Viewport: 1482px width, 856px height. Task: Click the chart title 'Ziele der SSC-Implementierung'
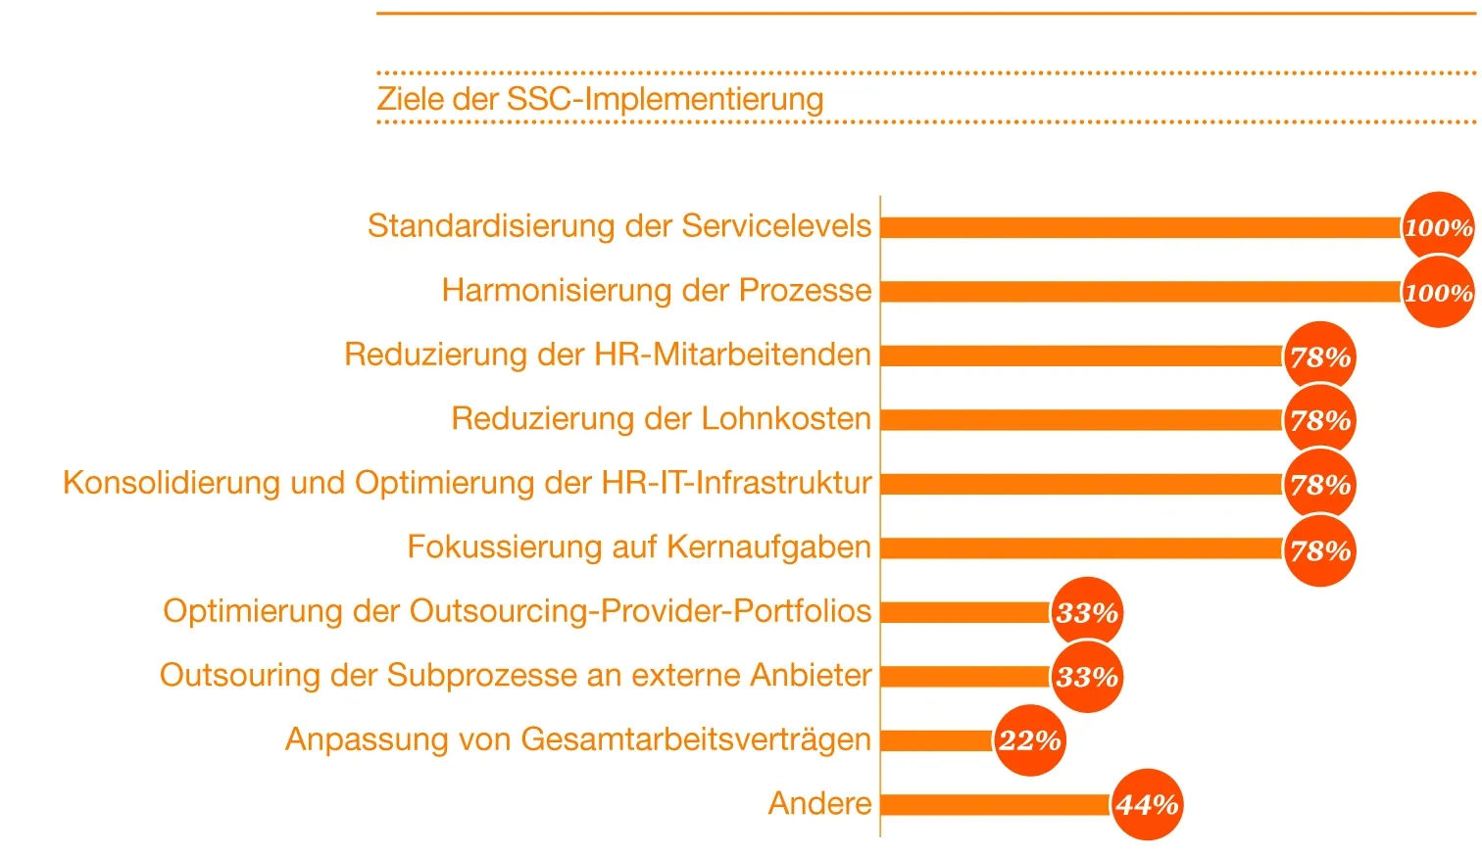click(x=600, y=99)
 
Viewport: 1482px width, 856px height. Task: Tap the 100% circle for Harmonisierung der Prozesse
click(x=1438, y=292)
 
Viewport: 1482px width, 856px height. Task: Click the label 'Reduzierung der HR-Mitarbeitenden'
click(x=607, y=355)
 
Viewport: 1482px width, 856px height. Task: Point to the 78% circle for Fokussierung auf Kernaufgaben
click(x=1319, y=550)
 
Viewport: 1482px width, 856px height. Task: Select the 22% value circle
click(x=1029, y=740)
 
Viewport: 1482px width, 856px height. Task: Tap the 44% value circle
click(x=1146, y=805)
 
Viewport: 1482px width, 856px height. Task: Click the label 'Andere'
click(x=819, y=804)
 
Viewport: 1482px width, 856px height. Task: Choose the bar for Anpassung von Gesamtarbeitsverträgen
click(x=937, y=740)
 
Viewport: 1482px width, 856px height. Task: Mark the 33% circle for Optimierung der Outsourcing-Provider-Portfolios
click(x=1087, y=613)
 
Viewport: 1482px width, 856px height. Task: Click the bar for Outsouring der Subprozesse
click(x=965, y=677)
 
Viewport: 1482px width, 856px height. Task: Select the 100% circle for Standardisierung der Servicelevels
click(x=1438, y=227)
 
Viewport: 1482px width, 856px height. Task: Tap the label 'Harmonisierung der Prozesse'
click(x=656, y=291)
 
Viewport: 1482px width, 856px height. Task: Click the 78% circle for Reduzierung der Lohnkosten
click(x=1319, y=420)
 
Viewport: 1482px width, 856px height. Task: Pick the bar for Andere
click(x=995, y=805)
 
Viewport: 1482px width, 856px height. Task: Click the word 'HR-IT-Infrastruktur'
click(x=736, y=483)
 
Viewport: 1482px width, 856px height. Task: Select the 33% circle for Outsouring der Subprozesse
click(x=1087, y=677)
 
